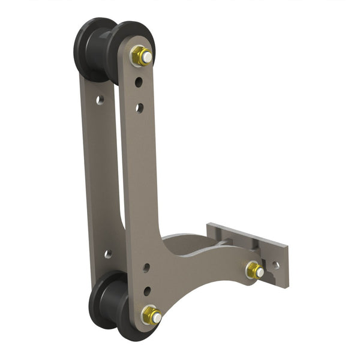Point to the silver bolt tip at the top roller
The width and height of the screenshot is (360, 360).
(x=146, y=58)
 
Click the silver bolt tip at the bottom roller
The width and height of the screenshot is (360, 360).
(x=155, y=317)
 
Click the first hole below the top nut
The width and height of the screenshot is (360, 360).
(x=139, y=81)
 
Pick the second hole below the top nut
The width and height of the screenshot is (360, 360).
(x=139, y=108)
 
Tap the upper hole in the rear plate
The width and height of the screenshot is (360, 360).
(x=100, y=99)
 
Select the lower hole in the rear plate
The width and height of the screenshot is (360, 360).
(x=108, y=254)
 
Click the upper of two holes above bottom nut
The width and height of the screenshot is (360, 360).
(x=146, y=268)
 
